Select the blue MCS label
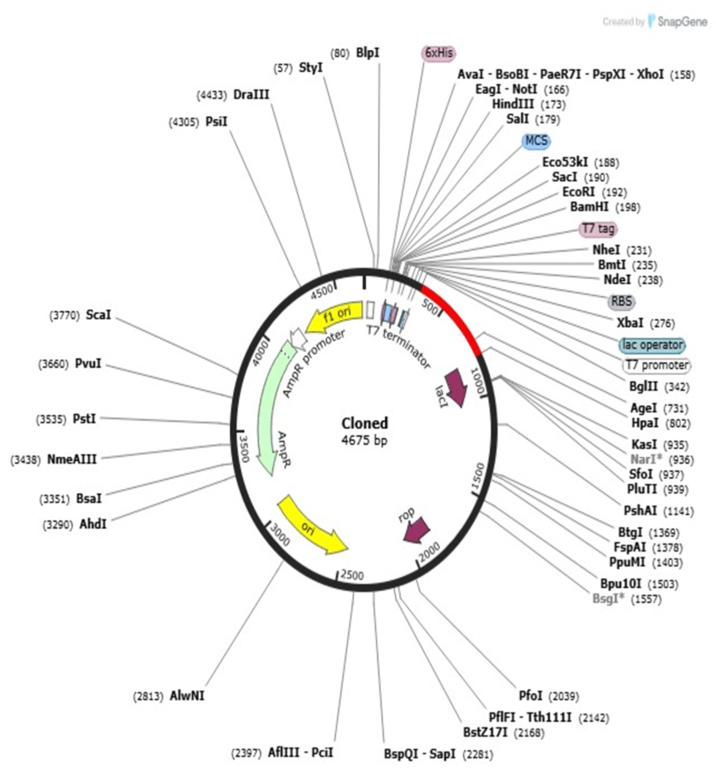537,141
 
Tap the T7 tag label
598,229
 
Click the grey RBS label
621,301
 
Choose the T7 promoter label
657,365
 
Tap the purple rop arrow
416,529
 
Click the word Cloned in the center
365,423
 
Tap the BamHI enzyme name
589,207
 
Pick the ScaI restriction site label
98,315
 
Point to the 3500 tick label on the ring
242,448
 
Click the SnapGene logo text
682,21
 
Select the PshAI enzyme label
640,511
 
